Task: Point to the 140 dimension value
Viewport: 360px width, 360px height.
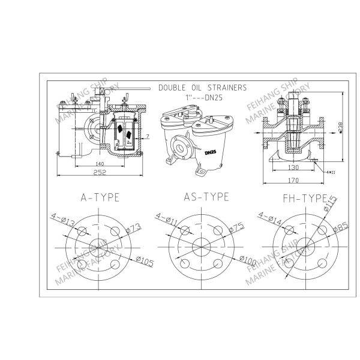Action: (99, 163)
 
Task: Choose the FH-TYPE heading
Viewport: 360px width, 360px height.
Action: (304, 197)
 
